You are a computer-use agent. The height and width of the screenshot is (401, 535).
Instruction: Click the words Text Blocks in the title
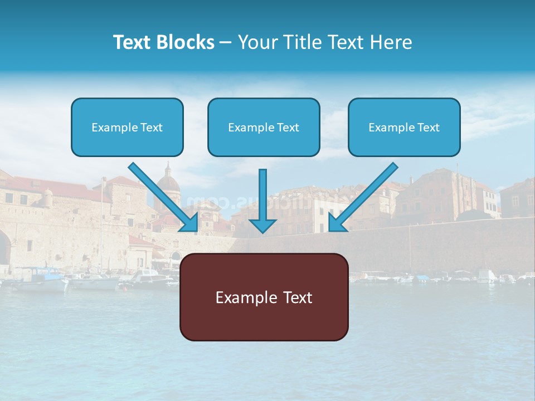(x=163, y=42)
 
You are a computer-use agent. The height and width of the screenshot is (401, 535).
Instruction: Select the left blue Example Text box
(x=127, y=128)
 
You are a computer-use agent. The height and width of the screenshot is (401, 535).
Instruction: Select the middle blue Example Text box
(x=264, y=128)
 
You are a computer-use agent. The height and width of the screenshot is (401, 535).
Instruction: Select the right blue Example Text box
(x=404, y=128)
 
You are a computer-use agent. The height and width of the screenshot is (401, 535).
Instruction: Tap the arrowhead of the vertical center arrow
(x=262, y=225)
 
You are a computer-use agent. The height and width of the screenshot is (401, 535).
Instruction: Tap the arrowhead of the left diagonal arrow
(x=189, y=223)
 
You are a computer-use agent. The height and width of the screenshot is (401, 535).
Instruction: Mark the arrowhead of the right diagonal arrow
(x=337, y=223)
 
